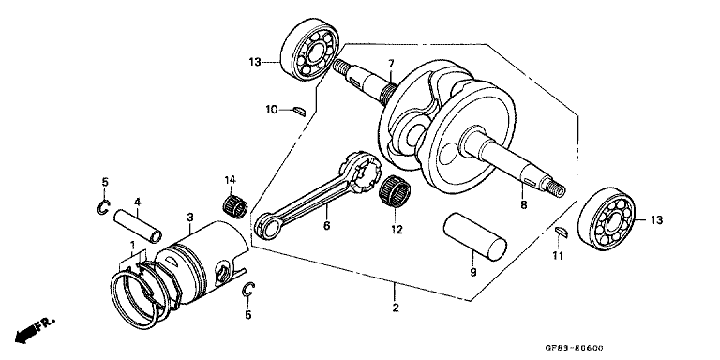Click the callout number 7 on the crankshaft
381,64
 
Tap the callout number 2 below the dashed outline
396,308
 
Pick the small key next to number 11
559,232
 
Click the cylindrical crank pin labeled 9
475,238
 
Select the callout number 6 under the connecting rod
326,225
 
